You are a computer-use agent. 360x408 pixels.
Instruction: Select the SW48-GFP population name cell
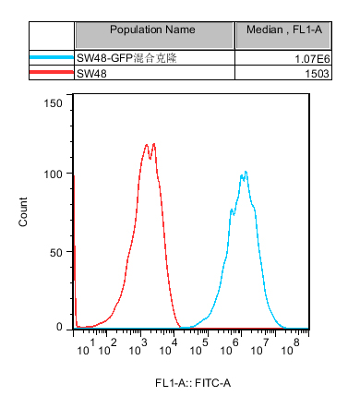point(126,58)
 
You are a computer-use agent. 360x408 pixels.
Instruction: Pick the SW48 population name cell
point(91,74)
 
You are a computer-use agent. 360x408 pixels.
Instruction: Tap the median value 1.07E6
point(312,58)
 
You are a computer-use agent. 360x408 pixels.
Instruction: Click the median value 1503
point(317,74)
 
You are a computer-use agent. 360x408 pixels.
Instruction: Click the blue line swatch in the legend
point(52,57)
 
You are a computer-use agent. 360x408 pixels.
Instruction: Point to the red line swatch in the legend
point(52,72)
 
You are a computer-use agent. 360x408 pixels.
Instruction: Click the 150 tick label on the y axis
point(53,103)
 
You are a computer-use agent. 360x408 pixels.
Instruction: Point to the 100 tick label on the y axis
point(53,174)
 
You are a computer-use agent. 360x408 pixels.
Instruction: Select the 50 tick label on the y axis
point(56,253)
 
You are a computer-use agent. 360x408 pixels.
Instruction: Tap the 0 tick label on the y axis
point(59,327)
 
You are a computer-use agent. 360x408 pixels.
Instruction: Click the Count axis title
point(23,212)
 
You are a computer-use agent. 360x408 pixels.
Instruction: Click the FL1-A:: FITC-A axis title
point(193,383)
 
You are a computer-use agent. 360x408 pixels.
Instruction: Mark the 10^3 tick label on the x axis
point(138,347)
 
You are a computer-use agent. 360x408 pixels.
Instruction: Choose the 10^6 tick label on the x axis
point(230,347)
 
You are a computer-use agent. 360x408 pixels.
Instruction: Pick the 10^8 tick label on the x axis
point(291,347)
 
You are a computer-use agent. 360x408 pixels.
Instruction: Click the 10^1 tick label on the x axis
point(86,347)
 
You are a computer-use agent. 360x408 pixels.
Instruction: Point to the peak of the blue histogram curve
point(246,172)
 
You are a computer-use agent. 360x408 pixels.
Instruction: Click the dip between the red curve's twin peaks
point(150,159)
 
